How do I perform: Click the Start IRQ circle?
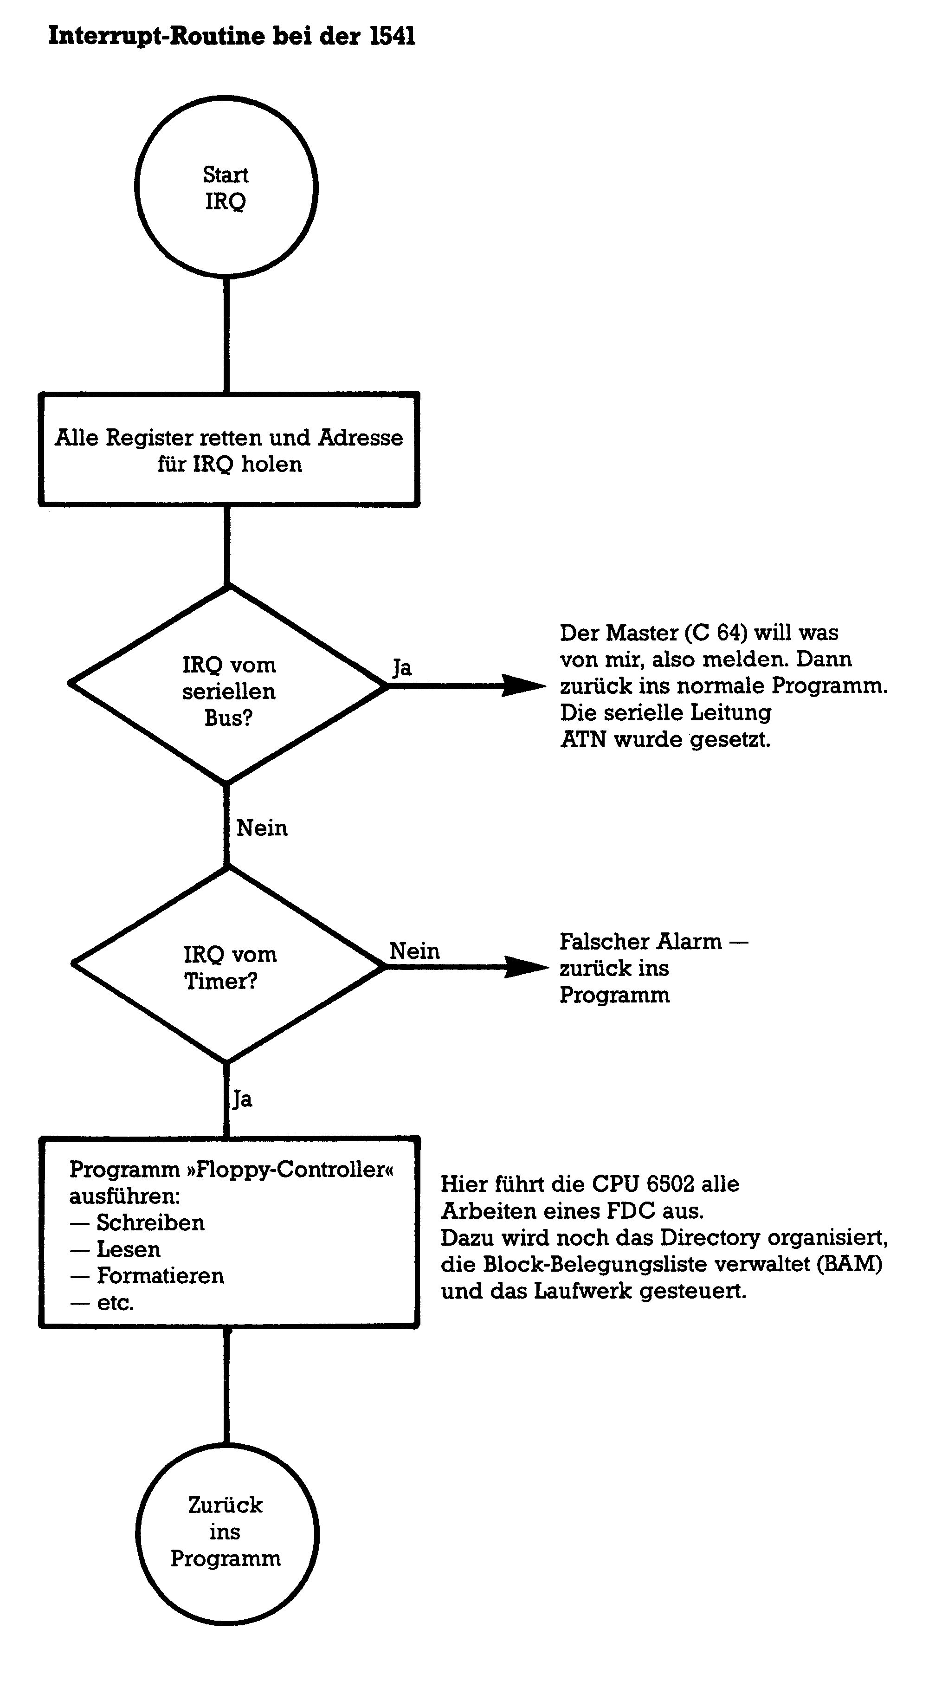(x=226, y=187)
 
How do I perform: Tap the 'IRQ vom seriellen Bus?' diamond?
(x=228, y=685)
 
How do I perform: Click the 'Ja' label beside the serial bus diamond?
(x=402, y=667)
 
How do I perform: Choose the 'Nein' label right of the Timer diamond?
(x=414, y=951)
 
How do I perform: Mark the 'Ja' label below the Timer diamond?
(x=242, y=1099)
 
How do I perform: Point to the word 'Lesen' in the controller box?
(x=129, y=1249)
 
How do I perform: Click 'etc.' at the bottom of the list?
(x=116, y=1302)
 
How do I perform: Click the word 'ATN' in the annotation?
(x=583, y=739)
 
